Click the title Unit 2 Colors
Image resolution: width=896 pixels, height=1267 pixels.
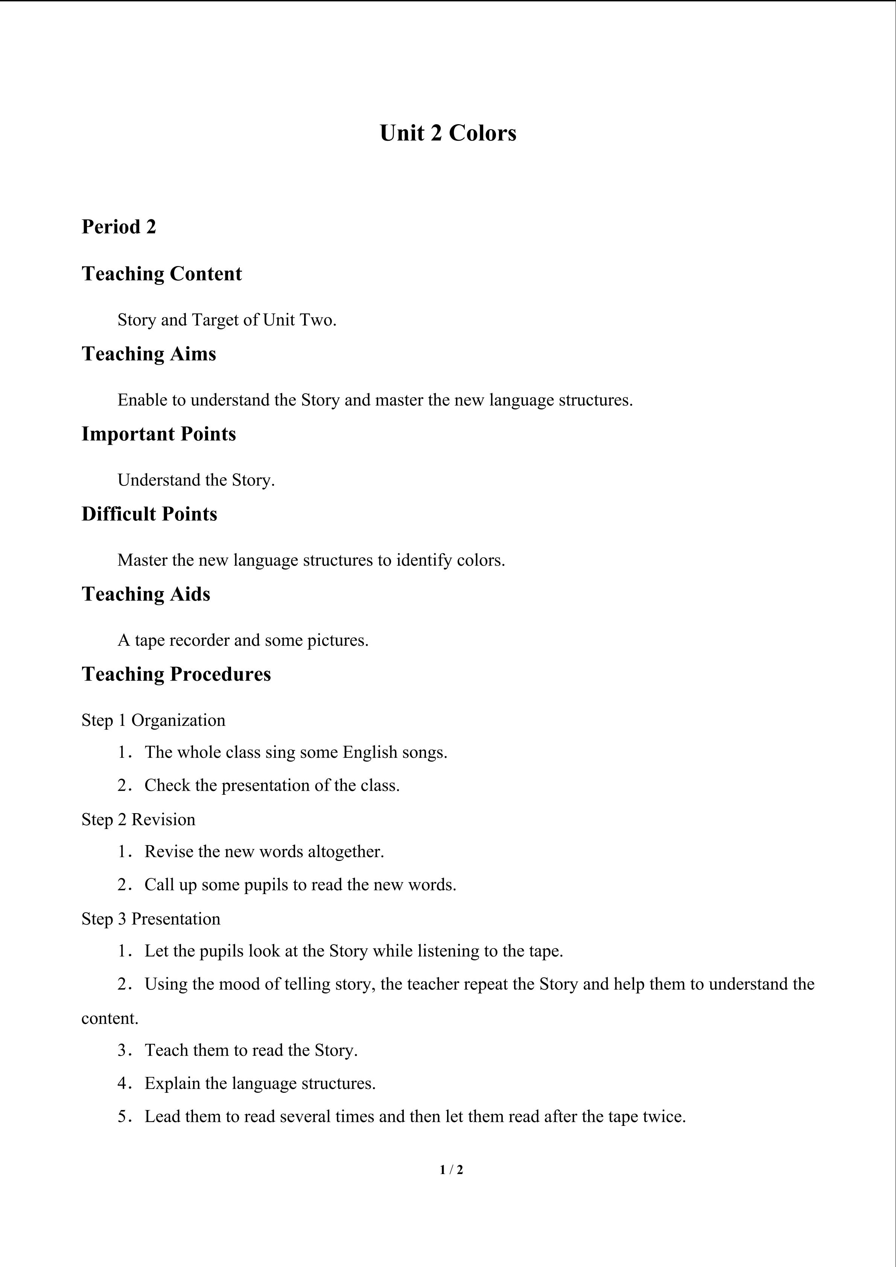coord(447,133)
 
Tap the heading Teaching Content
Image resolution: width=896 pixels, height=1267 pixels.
coord(162,274)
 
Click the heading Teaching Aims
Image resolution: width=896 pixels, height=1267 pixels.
coord(148,354)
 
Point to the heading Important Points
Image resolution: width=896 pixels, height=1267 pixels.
coord(158,434)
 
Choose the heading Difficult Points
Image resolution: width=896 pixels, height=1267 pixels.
coord(149,514)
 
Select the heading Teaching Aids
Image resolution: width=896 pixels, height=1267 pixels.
coord(146,594)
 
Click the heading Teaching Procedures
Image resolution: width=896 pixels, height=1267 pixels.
coord(176,674)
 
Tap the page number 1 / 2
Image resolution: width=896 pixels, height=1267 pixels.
coord(451,1169)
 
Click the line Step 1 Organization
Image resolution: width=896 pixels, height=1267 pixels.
coord(154,720)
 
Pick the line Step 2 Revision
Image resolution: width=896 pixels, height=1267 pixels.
coord(138,820)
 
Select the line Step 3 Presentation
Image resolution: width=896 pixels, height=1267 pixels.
coord(151,919)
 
